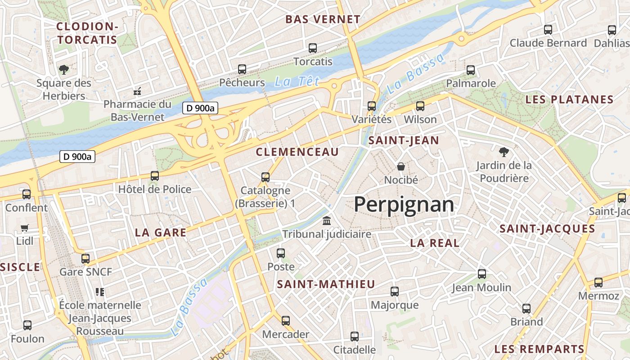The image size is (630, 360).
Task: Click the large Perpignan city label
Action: click(x=404, y=205)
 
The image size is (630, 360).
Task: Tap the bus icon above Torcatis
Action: click(x=313, y=48)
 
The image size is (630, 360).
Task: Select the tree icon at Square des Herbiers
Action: click(x=64, y=70)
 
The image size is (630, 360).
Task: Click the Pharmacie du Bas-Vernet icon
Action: click(x=137, y=91)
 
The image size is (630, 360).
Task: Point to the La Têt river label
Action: click(x=297, y=81)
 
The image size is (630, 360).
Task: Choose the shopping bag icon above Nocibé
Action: click(x=401, y=167)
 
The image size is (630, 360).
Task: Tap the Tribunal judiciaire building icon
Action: click(x=327, y=221)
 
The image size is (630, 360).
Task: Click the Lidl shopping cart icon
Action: click(x=25, y=228)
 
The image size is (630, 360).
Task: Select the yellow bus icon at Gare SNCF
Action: click(x=85, y=259)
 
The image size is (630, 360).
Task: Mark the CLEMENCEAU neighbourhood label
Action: click(x=297, y=152)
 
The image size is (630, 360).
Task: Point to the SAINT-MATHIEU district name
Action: click(x=326, y=284)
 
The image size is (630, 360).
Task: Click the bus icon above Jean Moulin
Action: click(x=482, y=274)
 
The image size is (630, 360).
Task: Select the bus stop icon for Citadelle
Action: click(x=355, y=337)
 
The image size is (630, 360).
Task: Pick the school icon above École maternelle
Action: click(x=100, y=292)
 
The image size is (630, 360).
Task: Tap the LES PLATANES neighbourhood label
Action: click(x=569, y=100)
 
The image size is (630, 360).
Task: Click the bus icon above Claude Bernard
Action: click(x=548, y=30)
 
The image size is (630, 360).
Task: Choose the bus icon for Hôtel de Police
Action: click(x=155, y=176)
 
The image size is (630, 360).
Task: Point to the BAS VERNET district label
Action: click(x=323, y=19)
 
